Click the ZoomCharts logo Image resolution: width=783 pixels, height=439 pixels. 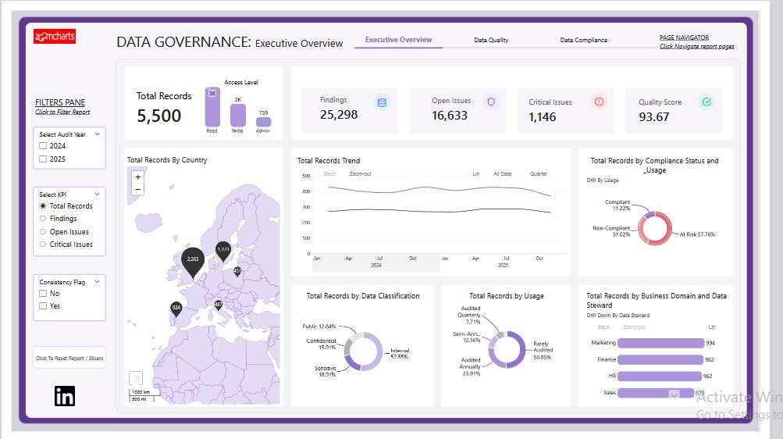pyautogui.click(x=55, y=36)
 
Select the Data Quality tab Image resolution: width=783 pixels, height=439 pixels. pyautogui.click(x=491, y=40)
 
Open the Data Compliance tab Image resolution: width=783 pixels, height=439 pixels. pyautogui.click(x=583, y=40)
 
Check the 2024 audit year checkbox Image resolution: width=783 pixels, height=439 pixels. pyautogui.click(x=44, y=146)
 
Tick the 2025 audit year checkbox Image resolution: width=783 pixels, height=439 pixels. pyautogui.click(x=44, y=159)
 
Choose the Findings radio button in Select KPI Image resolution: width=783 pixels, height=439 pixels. pyautogui.click(x=44, y=219)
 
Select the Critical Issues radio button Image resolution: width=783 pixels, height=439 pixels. pyautogui.click(x=44, y=244)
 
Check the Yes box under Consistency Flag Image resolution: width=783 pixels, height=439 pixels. pyautogui.click(x=44, y=306)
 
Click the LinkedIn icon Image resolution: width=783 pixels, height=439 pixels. pyautogui.click(x=65, y=396)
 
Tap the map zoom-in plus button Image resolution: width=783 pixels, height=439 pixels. pyautogui.click(x=138, y=177)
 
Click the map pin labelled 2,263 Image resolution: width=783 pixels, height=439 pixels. pyautogui.click(x=192, y=260)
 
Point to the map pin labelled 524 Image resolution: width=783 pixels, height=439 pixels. pyautogui.click(x=176, y=309)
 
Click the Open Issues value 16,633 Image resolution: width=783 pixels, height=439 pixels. pyautogui.click(x=450, y=116)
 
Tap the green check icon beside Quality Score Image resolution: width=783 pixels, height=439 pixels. pyautogui.click(x=706, y=102)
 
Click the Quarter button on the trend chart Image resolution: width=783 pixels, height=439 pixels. pyautogui.click(x=539, y=173)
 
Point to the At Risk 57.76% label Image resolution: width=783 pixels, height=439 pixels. pyautogui.click(x=696, y=234)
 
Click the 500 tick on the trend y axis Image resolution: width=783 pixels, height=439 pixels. pyautogui.click(x=307, y=176)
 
